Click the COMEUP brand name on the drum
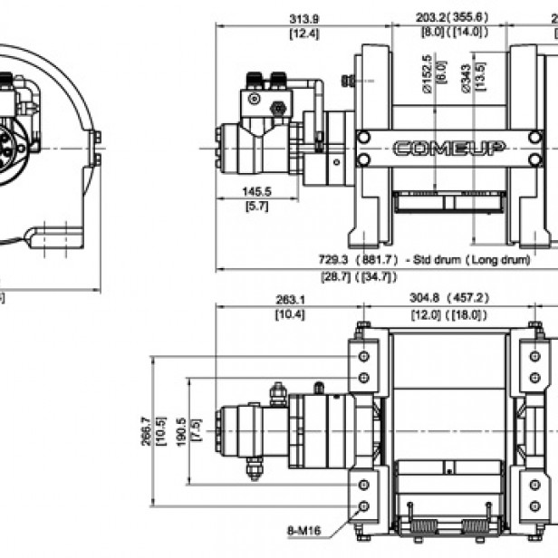click(448, 149)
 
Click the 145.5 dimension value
click(257, 192)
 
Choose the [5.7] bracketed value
click(257, 207)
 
